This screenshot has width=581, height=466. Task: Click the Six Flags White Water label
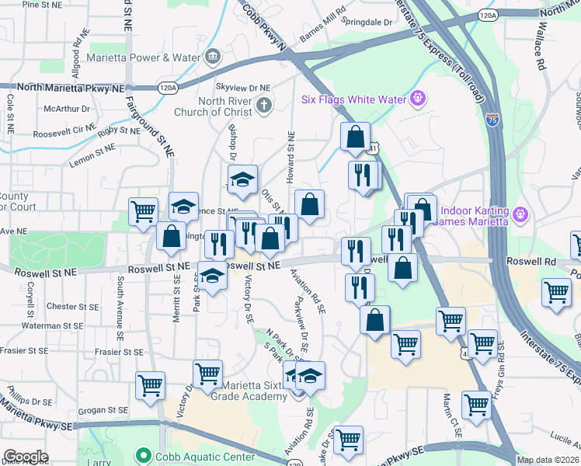[353, 99]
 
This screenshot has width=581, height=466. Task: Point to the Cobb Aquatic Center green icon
[141, 454]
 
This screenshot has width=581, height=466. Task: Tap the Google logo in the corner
[25, 457]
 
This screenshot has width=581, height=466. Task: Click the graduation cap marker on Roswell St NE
[210, 276]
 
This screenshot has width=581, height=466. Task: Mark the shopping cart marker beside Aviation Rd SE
[349, 440]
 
